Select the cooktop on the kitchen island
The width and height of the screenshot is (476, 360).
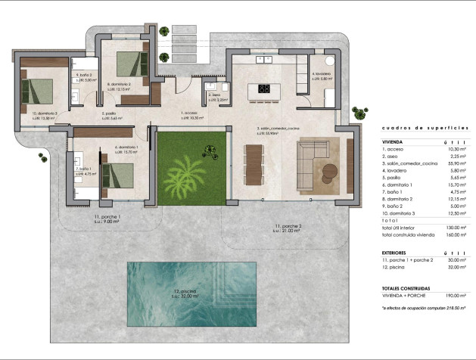(265, 88)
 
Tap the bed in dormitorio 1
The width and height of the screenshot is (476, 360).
(117, 175)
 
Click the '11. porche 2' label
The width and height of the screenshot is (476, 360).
(288, 227)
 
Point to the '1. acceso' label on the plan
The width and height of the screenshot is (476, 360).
(189, 114)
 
